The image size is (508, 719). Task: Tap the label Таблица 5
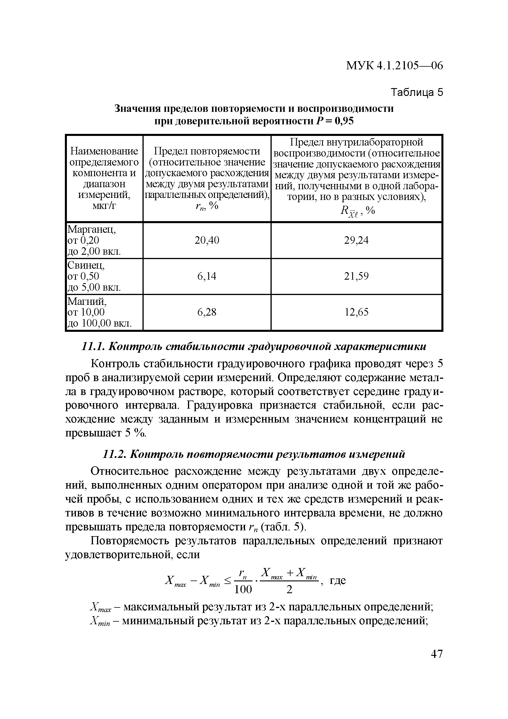[417, 92]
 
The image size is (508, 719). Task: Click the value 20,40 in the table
[207, 240]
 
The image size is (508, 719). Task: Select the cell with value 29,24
[356, 240]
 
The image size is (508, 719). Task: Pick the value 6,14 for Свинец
[207, 276]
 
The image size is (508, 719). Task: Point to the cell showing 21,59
[356, 276]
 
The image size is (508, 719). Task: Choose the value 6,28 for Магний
[207, 312]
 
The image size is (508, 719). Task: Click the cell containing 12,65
[356, 312]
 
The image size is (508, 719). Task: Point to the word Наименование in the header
[104, 151]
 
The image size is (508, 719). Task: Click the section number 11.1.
[92, 347]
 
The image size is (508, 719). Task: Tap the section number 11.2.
[114, 454]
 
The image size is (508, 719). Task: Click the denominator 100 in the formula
[243, 589]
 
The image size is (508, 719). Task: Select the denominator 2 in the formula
[289, 589]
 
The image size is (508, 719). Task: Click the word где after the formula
[338, 580]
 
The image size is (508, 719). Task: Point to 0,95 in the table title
[344, 121]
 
